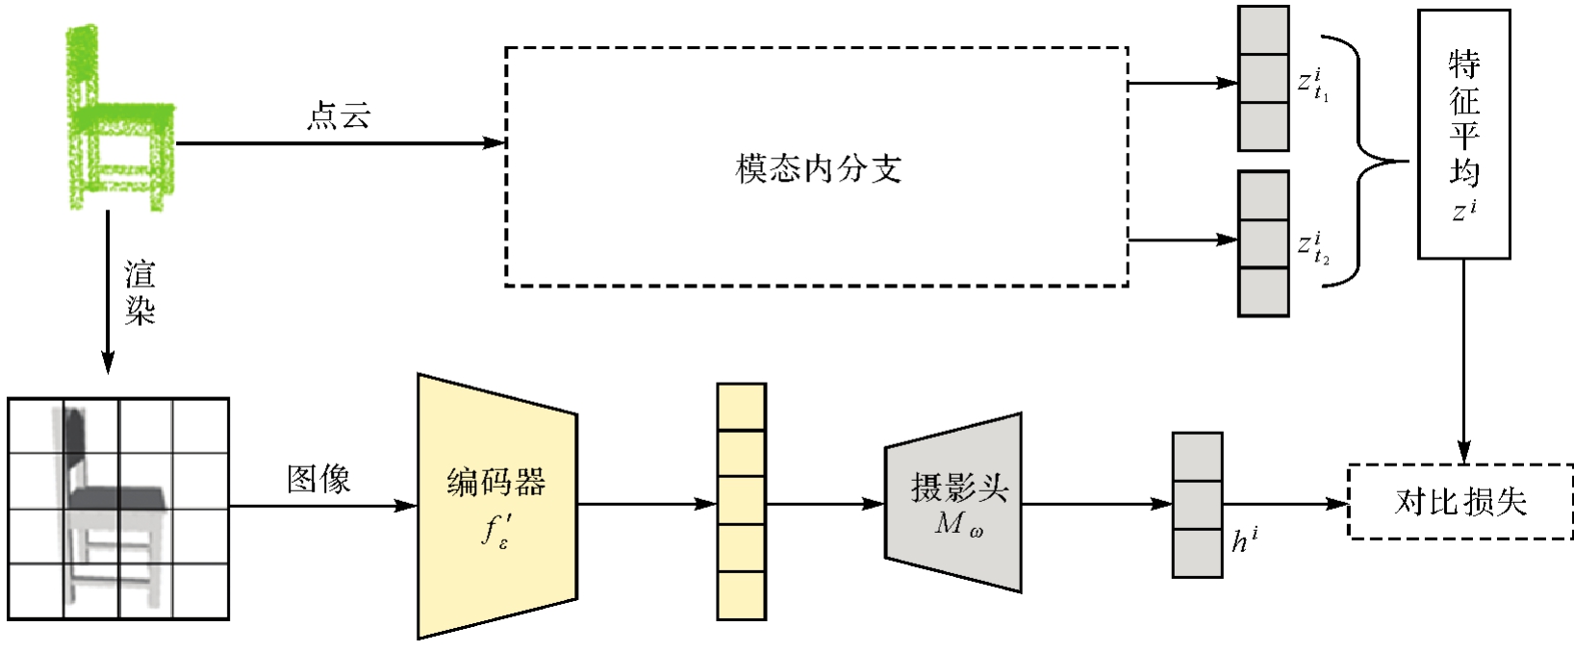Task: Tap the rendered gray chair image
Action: (117, 508)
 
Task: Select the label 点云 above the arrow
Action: (339, 116)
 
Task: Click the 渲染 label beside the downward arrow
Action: (140, 292)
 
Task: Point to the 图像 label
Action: (318, 479)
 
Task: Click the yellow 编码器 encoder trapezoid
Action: (496, 505)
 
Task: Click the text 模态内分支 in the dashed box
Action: (818, 169)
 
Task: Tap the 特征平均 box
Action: (1463, 135)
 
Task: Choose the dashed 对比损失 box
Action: (1460, 502)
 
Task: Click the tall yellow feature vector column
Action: (741, 501)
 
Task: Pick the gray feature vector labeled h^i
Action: (1197, 505)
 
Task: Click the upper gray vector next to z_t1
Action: (1262, 79)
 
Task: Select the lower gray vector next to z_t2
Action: (1262, 243)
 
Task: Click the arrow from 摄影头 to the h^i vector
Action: (1096, 504)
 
